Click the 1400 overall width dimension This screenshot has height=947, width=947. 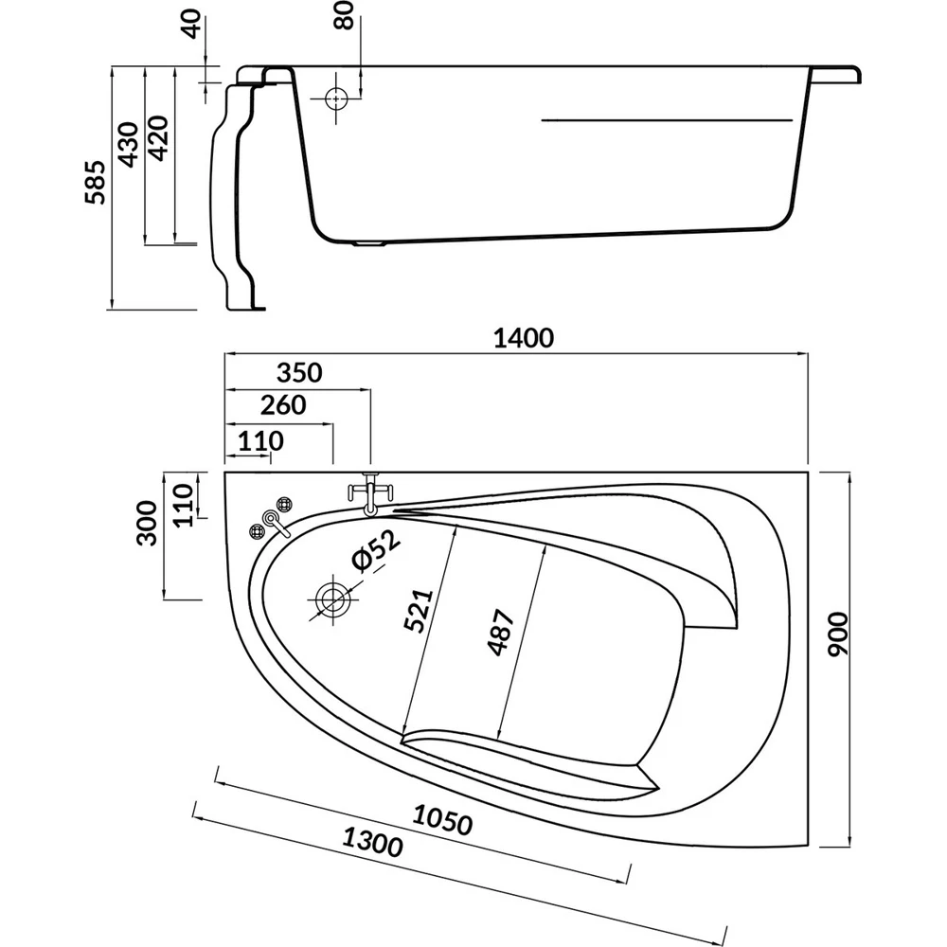[522, 337]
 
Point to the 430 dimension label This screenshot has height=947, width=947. [128, 142]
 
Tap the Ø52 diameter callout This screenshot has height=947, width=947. [376, 550]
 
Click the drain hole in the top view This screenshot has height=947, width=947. [332, 600]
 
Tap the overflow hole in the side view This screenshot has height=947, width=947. [336, 98]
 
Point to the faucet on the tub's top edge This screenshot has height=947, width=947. [370, 493]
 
